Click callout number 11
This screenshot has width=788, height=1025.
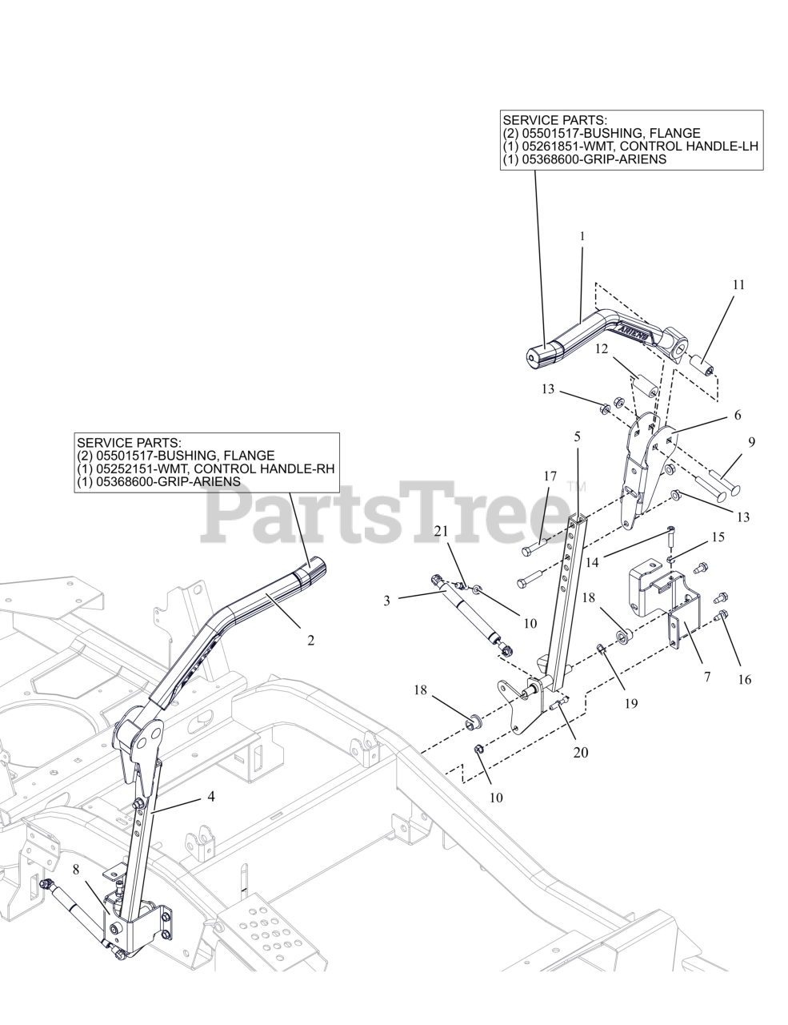(x=738, y=284)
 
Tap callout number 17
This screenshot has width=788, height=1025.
(x=550, y=476)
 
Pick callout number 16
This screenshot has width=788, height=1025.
(x=745, y=679)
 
